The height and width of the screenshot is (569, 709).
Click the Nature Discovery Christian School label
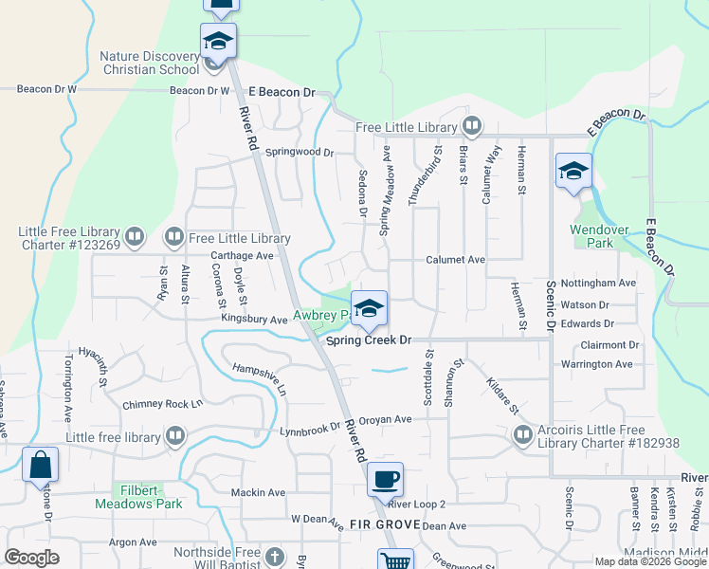(x=150, y=62)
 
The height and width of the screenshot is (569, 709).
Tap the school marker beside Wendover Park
(x=573, y=173)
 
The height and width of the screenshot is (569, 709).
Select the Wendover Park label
(x=599, y=229)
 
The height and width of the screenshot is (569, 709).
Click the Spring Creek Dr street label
(x=368, y=340)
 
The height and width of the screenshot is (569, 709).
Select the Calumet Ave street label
(x=455, y=259)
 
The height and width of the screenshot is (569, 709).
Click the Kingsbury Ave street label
(x=254, y=321)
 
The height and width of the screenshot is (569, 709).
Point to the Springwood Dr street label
(x=300, y=152)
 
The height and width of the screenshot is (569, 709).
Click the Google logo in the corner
(x=31, y=558)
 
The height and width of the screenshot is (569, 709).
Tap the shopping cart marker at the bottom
(x=395, y=560)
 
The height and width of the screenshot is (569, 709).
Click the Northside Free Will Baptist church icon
(x=274, y=557)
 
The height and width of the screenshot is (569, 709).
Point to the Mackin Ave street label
(x=258, y=493)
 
